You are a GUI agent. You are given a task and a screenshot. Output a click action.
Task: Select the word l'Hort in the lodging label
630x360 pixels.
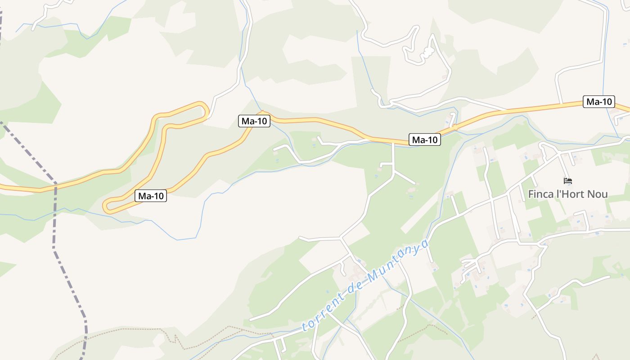570,194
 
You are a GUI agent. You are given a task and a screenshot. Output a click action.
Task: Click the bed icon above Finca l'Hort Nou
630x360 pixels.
568,181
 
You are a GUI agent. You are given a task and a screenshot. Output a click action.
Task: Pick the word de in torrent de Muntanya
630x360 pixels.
354,289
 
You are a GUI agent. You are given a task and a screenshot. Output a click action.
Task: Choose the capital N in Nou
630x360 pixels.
591,194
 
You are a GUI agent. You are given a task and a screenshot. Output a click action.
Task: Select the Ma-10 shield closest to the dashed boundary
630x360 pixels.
151,196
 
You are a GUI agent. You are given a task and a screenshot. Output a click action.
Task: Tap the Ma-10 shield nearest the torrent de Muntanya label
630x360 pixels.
424,140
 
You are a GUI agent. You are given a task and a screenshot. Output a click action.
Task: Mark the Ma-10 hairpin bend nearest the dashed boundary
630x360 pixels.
108,206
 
